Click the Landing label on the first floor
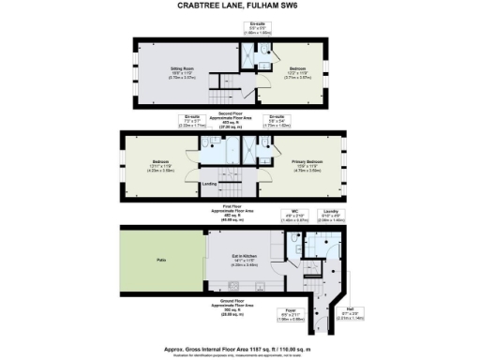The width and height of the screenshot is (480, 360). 210,183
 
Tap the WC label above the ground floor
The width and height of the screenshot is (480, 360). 294,212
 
